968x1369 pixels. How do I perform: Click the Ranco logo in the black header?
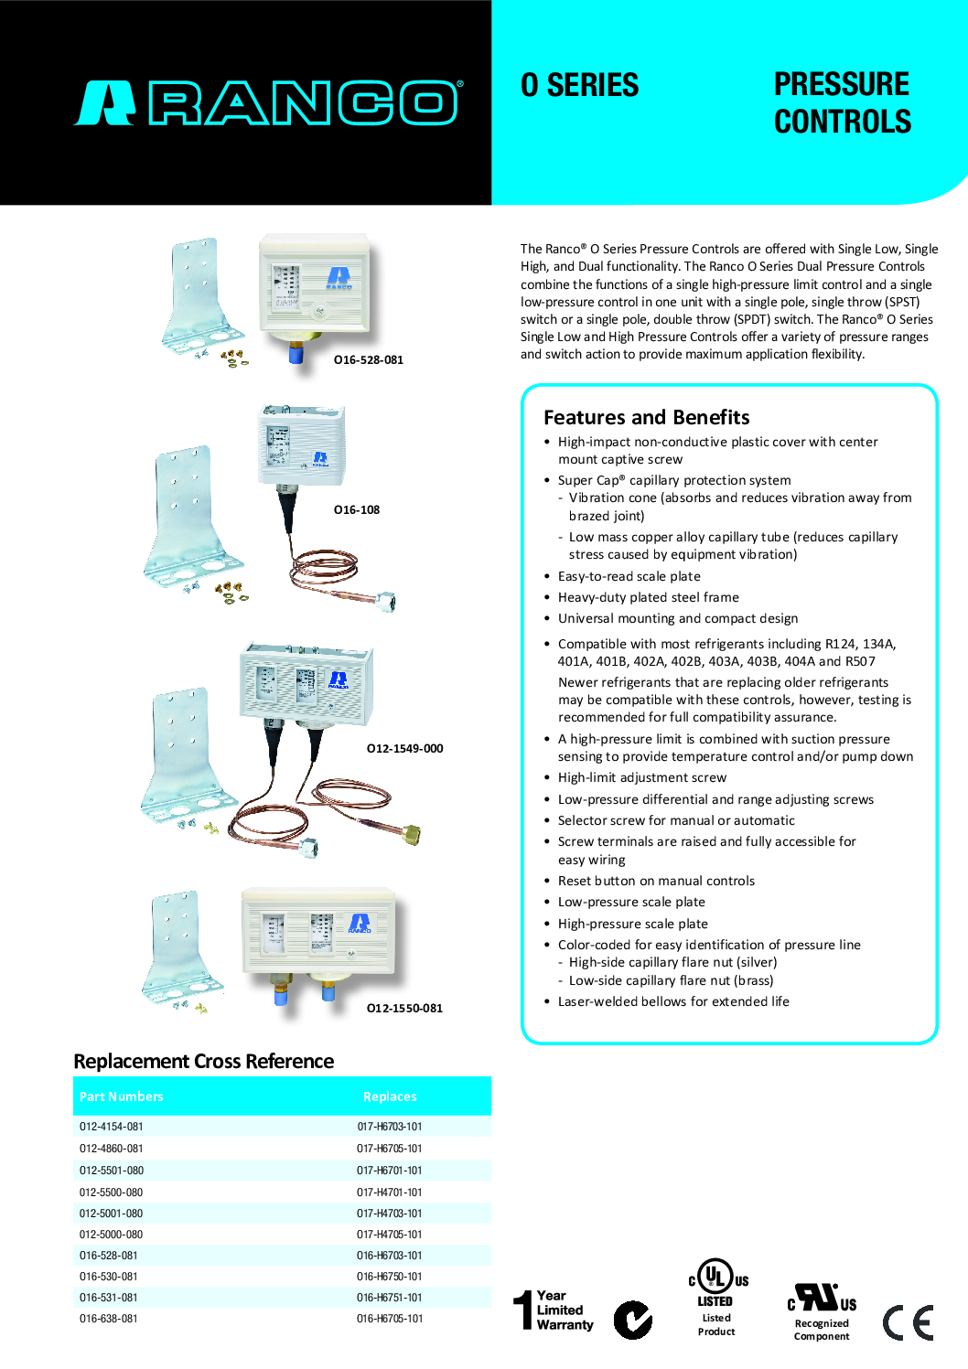tap(268, 103)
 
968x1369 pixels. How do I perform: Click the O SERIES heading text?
tap(579, 85)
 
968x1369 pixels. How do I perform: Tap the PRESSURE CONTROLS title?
tap(842, 102)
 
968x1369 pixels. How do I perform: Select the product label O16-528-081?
tap(368, 360)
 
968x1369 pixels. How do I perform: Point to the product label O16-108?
tap(356, 510)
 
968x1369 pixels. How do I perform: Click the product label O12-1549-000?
tap(404, 749)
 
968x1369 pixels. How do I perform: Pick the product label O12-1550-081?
tap(404, 1009)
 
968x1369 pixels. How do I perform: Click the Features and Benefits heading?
tap(646, 418)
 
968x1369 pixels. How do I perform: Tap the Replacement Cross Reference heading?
tap(203, 1062)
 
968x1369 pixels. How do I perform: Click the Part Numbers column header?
tap(122, 1096)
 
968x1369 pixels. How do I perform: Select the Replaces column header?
tap(390, 1096)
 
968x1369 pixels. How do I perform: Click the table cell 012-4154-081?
tap(112, 1127)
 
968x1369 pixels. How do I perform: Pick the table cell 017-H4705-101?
tap(390, 1235)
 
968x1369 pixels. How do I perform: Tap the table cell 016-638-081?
tap(109, 1319)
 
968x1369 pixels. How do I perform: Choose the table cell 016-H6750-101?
tap(390, 1277)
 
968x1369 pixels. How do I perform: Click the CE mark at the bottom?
tap(908, 1322)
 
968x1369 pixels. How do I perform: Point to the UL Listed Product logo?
tap(717, 1297)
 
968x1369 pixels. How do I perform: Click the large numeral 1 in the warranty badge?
tap(523, 1310)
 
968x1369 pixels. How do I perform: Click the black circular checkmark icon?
tap(632, 1320)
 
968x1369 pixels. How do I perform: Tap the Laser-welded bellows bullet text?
tap(673, 1002)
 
